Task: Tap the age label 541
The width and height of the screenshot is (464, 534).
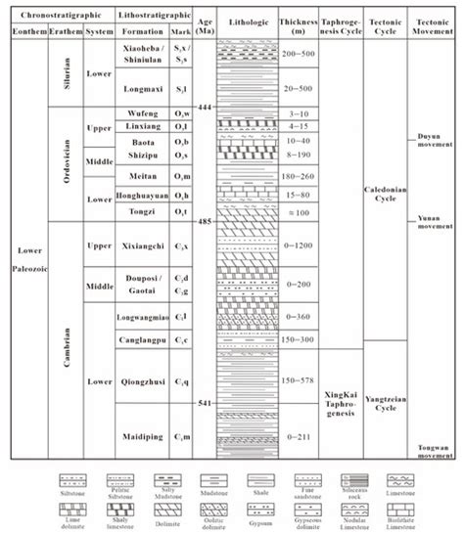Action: pos(203,404)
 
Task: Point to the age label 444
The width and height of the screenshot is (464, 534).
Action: pos(203,106)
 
